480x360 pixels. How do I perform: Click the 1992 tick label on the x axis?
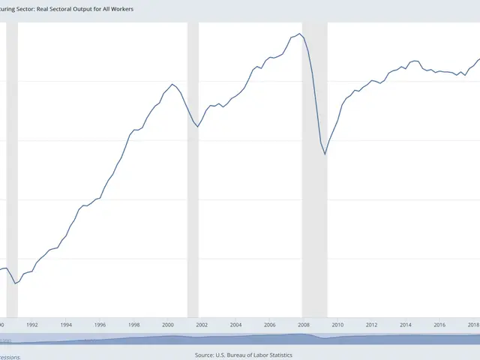32,325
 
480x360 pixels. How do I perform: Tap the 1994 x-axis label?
66,325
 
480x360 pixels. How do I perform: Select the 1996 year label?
100,325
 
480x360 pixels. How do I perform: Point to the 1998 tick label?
133,325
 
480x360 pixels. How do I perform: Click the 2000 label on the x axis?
168,325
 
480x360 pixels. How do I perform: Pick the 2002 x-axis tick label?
202,325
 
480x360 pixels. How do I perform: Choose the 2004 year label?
235,325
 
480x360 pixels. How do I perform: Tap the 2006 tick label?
269,325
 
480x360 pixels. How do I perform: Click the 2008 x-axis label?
304,325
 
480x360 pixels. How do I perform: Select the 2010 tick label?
337,325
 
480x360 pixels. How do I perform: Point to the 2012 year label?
371,325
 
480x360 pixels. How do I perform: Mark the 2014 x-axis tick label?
406,325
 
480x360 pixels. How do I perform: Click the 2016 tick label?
439,325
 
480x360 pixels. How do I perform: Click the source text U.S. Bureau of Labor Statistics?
254,355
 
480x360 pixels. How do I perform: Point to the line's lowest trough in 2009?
325,154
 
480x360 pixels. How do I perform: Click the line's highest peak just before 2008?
300,34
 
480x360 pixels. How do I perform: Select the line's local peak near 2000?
172,84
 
